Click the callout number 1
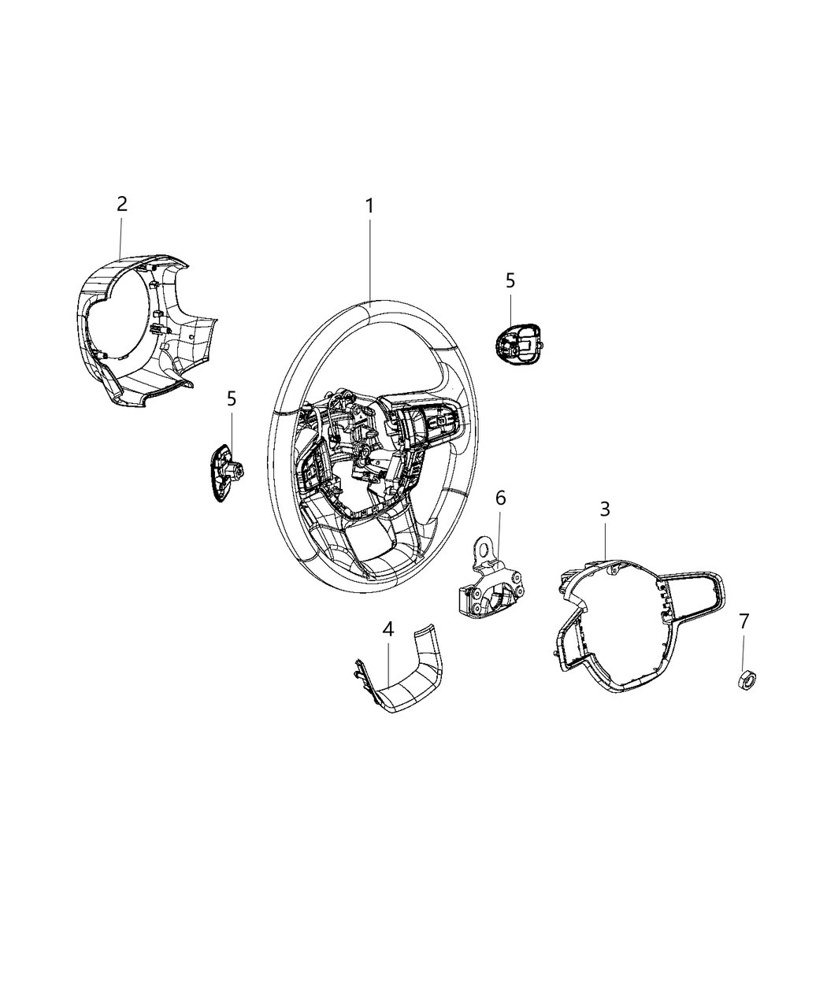point(369,206)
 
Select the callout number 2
point(121,204)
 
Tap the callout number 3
point(604,509)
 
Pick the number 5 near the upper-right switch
point(510,280)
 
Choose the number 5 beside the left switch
point(232,398)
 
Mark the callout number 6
point(500,498)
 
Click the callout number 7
point(744,621)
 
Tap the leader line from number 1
point(369,260)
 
